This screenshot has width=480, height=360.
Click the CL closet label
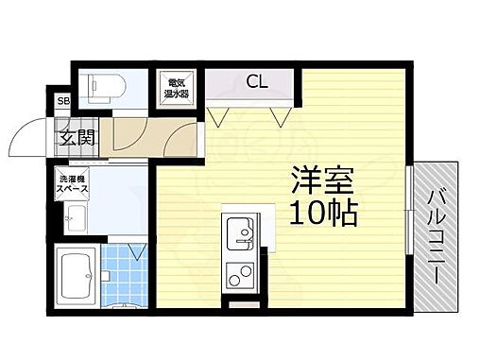coord(256,82)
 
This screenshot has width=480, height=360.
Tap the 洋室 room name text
coord(316,180)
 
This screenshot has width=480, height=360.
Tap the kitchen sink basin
coord(237,230)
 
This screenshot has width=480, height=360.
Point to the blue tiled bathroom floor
coord(124,274)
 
